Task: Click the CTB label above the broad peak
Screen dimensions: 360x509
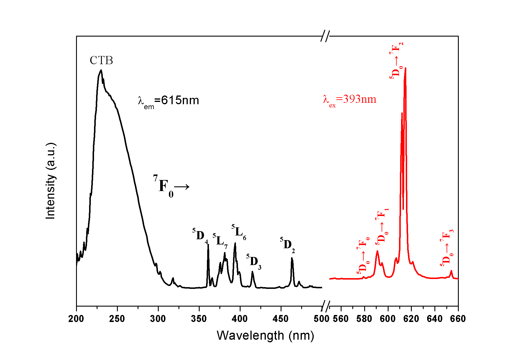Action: coord(101,60)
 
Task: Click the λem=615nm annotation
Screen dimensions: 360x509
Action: coord(168,101)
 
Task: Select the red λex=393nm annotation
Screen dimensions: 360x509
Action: coord(349,100)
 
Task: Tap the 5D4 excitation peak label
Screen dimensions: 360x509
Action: coord(200,235)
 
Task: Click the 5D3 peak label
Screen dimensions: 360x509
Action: coord(254,262)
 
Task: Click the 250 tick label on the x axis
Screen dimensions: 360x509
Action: coord(117,319)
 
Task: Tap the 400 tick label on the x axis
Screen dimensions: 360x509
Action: coord(240,319)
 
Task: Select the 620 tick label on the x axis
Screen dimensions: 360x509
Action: coord(411,319)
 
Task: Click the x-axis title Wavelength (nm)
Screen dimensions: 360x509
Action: coord(265,336)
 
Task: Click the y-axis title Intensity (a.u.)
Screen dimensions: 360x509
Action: coord(50,181)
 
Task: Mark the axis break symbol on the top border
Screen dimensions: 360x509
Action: coord(326,36)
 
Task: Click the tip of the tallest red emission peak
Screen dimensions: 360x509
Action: coord(405,68)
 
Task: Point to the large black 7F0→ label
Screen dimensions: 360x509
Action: coord(171,186)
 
